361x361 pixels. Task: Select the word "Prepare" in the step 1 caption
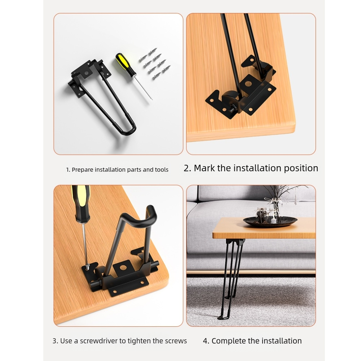(83, 170)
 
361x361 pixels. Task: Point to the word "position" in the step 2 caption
(301, 168)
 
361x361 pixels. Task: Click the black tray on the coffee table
(270, 221)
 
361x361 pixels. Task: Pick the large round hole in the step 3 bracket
(123, 268)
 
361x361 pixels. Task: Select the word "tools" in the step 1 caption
(162, 170)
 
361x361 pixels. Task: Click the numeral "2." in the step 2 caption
(187, 168)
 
